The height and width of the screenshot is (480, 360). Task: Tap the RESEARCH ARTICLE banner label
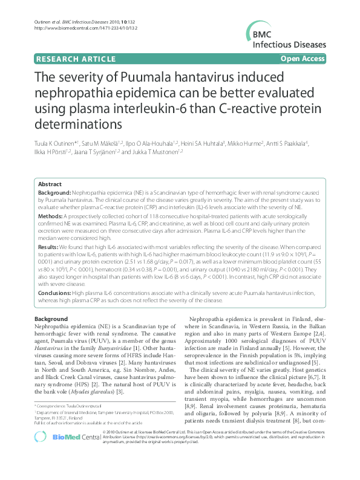pos(76,59)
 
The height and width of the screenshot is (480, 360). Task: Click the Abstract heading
pos(50,184)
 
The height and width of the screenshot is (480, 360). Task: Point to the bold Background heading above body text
pos(51,319)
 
